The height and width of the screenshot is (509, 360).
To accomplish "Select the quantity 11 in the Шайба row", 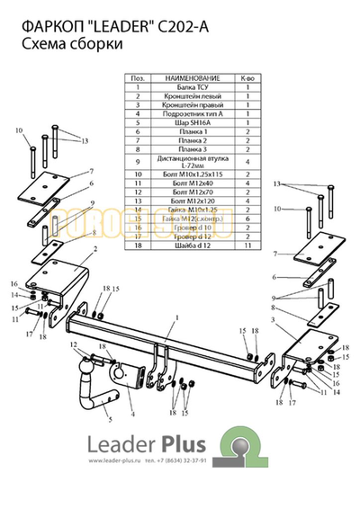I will (x=244, y=244).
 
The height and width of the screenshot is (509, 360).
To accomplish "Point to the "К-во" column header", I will (x=244, y=79).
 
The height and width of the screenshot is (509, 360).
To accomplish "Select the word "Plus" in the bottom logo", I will (x=182, y=445).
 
